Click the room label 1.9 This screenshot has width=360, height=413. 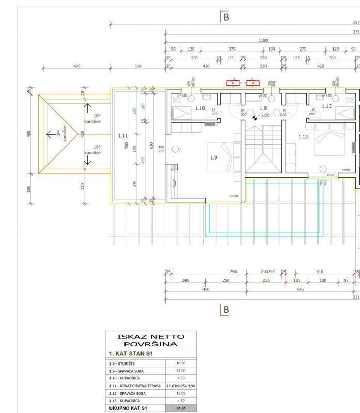(213, 157)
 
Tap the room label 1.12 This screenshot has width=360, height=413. (303, 137)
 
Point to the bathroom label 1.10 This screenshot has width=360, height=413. (200, 108)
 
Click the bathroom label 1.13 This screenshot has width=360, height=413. (326, 106)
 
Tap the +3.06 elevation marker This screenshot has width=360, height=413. (263, 115)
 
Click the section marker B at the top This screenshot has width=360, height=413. (225, 17)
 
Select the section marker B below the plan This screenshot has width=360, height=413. (224, 310)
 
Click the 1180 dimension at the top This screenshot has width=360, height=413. (263, 40)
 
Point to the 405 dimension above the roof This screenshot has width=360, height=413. (77, 66)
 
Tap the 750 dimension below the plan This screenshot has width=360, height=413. (233, 272)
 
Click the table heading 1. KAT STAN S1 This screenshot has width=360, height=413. (130, 354)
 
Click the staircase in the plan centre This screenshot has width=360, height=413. (263, 150)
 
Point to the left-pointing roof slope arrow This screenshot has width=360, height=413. (52, 134)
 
